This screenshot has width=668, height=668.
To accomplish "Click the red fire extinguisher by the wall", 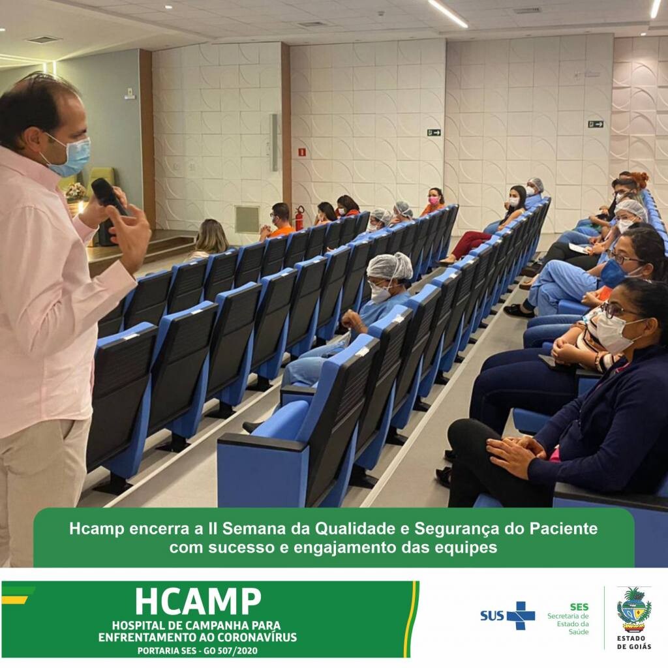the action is click(x=299, y=218).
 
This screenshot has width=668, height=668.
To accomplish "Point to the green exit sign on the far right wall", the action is click(x=596, y=125).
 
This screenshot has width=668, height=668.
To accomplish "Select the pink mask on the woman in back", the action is click(x=434, y=200).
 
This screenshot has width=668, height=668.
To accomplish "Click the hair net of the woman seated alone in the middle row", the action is click(x=389, y=266).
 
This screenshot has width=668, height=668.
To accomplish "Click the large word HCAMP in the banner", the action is click(x=198, y=601).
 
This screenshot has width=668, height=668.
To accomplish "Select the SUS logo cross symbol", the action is click(x=520, y=615).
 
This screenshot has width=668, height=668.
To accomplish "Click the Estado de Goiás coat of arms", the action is click(x=633, y=610).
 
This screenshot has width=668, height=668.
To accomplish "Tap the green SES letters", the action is click(x=579, y=607).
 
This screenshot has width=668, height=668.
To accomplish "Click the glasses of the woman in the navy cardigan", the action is click(x=618, y=310).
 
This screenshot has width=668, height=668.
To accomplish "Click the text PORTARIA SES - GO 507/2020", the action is click(x=197, y=651).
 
